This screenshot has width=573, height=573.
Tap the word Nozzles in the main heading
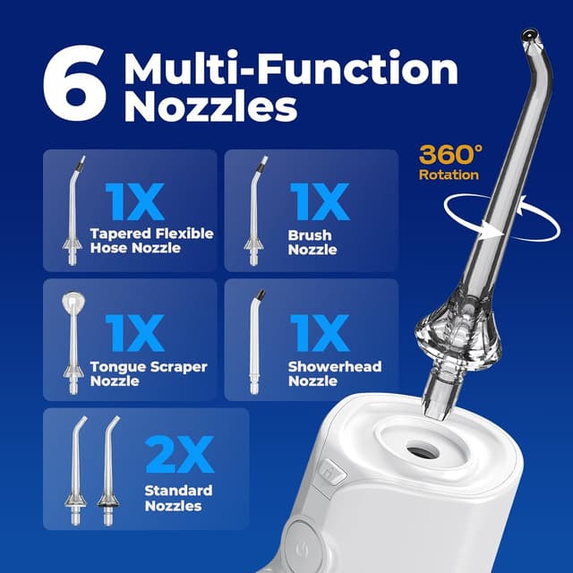210,107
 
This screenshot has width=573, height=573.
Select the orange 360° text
449,153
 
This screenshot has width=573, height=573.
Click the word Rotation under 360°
449,175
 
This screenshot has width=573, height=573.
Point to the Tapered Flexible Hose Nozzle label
151,241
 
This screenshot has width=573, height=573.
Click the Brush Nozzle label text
310,243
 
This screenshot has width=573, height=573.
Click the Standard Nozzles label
178,498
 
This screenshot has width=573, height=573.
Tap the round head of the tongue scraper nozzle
71,304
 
